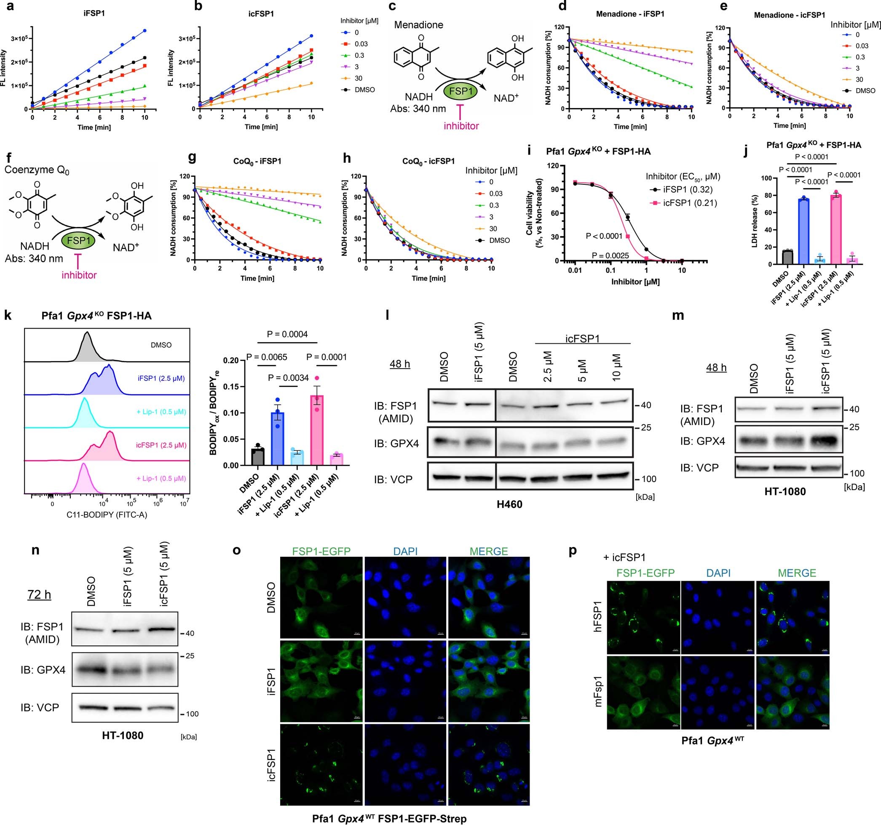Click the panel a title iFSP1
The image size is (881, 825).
click(x=94, y=13)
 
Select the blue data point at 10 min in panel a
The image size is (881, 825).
click(x=145, y=31)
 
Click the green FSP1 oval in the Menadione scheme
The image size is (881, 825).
click(x=461, y=92)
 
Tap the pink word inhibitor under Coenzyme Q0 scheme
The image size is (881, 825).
click(x=79, y=275)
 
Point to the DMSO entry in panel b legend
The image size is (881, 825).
click(x=365, y=90)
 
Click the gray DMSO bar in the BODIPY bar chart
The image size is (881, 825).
click(x=257, y=457)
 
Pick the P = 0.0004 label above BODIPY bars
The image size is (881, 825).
click(x=288, y=334)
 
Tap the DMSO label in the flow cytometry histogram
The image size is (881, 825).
click(x=161, y=345)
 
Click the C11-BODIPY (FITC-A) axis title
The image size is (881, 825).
click(x=107, y=515)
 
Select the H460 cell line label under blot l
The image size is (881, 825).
click(x=509, y=504)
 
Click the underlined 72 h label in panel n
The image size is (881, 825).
click(x=40, y=594)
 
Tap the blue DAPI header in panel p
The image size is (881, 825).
click(x=718, y=573)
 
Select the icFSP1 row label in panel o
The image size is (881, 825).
click(x=271, y=765)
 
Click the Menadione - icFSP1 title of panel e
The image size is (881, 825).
click(x=789, y=15)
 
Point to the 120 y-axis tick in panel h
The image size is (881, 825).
click(x=356, y=176)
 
